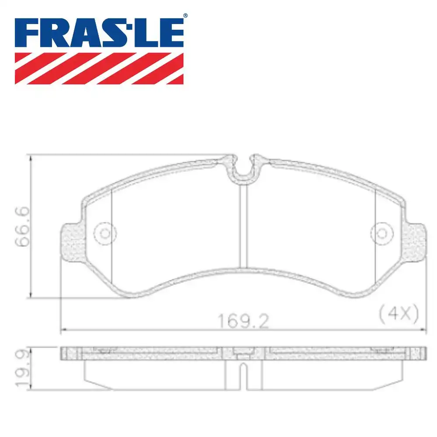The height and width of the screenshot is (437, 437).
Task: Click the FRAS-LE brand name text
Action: pos(99,32)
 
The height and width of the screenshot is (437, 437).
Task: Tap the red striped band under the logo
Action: pos(99,68)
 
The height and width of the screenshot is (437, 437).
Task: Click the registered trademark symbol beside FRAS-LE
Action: pos(185,16)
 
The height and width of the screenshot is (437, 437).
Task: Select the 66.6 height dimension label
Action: pos(22,228)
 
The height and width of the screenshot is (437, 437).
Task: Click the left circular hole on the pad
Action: pos(105,233)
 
